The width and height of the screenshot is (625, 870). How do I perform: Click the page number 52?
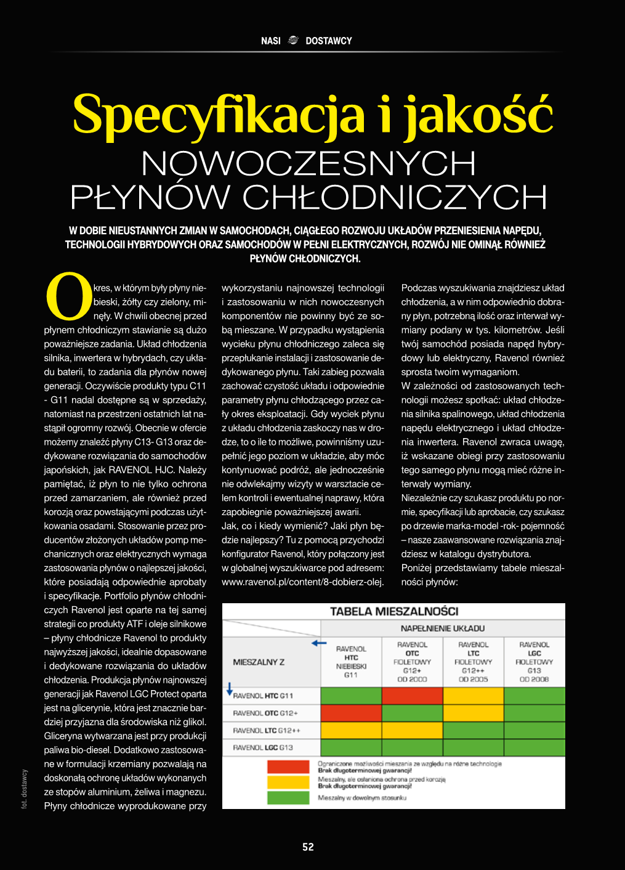308,847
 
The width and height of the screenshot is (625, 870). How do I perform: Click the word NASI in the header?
270,41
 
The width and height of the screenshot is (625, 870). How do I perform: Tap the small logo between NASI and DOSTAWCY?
293,40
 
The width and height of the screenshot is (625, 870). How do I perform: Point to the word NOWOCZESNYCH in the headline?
308,164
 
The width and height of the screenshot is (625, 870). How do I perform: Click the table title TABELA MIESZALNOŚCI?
394,611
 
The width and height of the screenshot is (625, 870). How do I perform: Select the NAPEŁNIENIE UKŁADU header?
442,628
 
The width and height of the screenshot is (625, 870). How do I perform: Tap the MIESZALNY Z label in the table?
259,662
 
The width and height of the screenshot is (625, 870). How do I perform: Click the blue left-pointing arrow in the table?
319,643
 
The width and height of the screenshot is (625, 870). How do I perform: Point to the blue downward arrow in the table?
230,689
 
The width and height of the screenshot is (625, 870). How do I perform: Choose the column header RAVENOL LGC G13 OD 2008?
534,662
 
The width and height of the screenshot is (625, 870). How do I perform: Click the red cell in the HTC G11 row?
412,696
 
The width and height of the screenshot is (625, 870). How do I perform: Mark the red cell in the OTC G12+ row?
351,713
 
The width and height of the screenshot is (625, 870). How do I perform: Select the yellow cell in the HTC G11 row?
473,696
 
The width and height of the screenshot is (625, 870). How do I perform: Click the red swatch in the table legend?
288,766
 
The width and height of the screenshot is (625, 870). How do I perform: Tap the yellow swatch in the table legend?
288,782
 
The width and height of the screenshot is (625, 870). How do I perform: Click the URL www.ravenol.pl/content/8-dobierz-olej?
302,582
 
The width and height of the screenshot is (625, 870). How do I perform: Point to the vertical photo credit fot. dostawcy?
25,789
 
